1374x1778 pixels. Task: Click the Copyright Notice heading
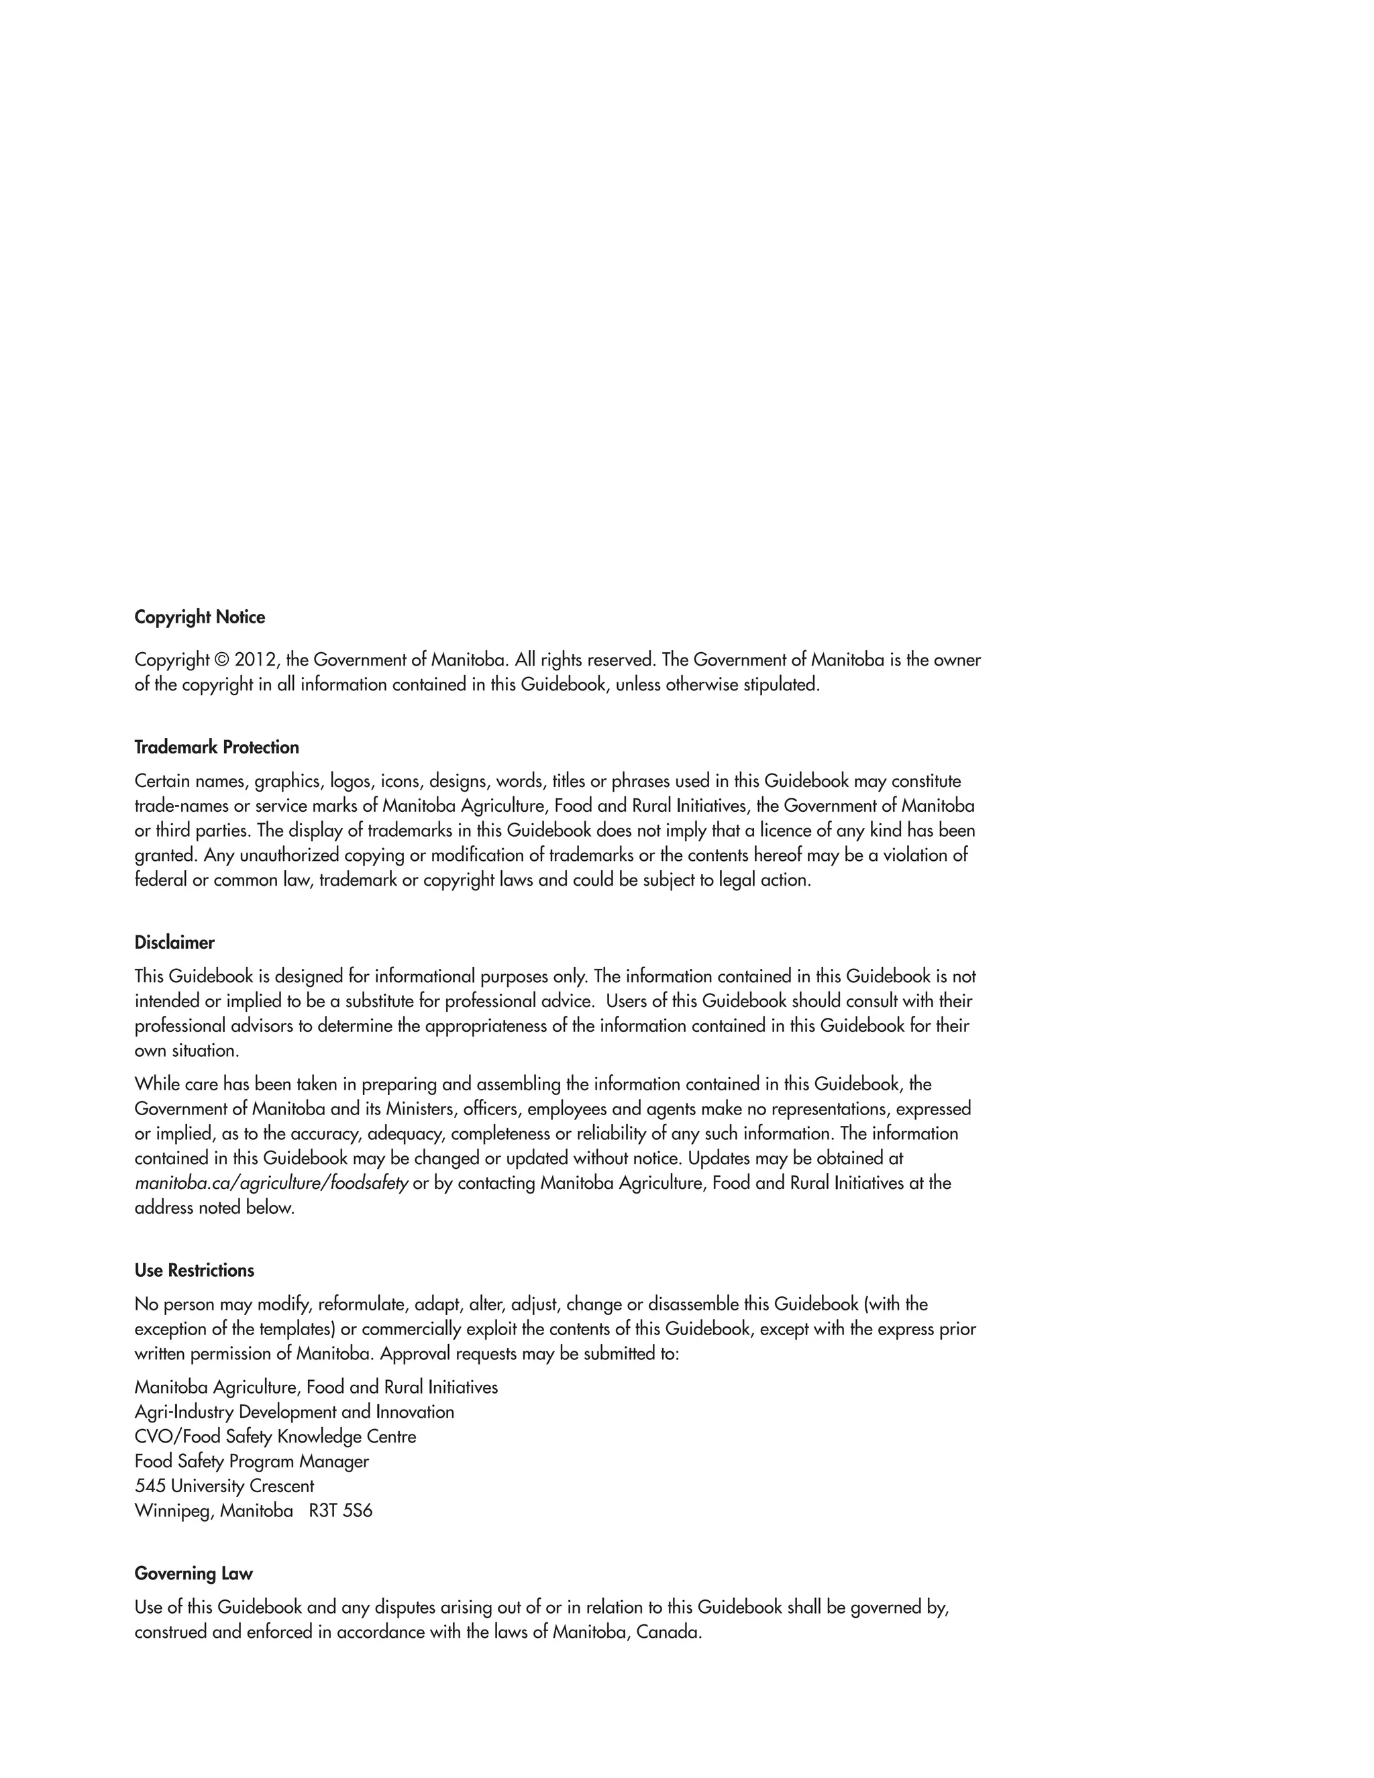[x=199, y=617]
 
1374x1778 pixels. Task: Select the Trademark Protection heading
[x=217, y=747]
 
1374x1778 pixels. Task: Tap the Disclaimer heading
[x=174, y=943]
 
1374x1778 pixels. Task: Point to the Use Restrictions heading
[x=194, y=1271]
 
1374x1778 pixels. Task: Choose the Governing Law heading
[x=193, y=1573]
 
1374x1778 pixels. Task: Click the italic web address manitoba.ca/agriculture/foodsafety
[x=271, y=1183]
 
